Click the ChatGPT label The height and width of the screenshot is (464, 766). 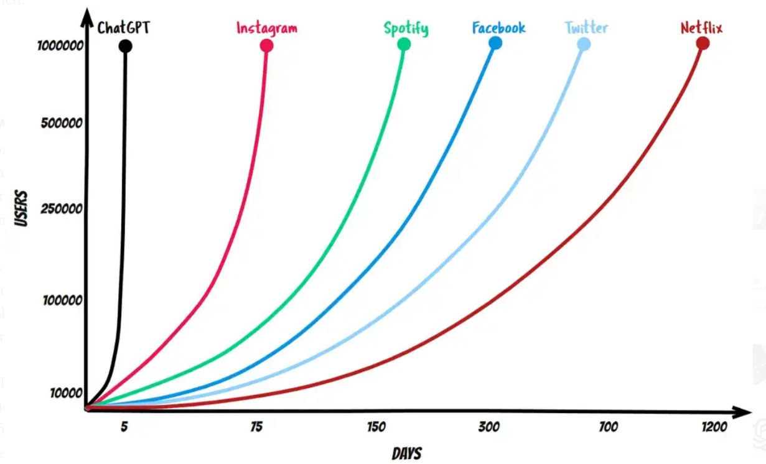pyautogui.click(x=123, y=28)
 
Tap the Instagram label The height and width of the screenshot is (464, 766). pyautogui.click(x=266, y=29)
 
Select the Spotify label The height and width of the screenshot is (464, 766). pyautogui.click(x=406, y=29)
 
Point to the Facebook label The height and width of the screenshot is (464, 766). pyautogui.click(x=498, y=28)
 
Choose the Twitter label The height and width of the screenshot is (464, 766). pyautogui.click(x=586, y=28)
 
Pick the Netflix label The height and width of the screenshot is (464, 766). pyautogui.click(x=701, y=28)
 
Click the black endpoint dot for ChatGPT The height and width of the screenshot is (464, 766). pyautogui.click(x=125, y=46)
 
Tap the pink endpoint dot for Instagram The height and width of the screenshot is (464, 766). pyautogui.click(x=266, y=45)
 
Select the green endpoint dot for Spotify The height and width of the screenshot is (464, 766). pyautogui.click(x=404, y=44)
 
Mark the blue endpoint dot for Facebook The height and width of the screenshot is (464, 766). pyautogui.click(x=495, y=42)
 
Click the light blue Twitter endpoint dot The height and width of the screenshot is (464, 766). pyautogui.click(x=584, y=44)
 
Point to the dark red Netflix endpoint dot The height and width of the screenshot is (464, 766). pyautogui.click(x=703, y=43)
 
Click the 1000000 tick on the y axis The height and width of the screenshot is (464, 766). pyautogui.click(x=60, y=46)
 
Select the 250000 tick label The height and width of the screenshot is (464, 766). pyautogui.click(x=61, y=209)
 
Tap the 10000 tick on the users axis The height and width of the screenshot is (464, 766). pyautogui.click(x=64, y=392)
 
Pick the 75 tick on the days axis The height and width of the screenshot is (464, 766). pyautogui.click(x=256, y=427)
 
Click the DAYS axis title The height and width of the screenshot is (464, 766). pyautogui.click(x=406, y=453)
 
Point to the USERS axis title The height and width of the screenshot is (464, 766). pyautogui.click(x=22, y=209)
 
